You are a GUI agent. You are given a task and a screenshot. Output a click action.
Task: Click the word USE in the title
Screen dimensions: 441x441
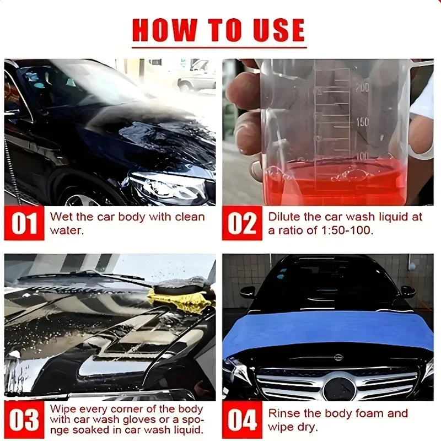point(278,30)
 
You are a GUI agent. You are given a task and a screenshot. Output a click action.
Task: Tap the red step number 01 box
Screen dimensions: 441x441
point(24,223)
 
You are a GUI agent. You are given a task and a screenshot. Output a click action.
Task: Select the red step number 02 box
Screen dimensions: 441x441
point(242,223)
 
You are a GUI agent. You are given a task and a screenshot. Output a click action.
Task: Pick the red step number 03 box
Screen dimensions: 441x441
point(24,420)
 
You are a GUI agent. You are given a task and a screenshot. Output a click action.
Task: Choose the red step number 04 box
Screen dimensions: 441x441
point(242,420)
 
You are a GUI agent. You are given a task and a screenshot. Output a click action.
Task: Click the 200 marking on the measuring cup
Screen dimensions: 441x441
point(362,88)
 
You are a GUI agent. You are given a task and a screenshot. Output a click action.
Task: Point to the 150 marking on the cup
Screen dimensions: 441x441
point(362,122)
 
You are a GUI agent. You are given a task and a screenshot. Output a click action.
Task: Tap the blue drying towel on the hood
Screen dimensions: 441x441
point(326,332)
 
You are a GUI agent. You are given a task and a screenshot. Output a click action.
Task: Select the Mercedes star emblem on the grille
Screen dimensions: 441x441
point(340,389)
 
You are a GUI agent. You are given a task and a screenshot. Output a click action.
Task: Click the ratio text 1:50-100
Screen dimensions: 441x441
point(347,230)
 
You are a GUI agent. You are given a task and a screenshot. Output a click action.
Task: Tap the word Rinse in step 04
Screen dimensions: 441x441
point(284,413)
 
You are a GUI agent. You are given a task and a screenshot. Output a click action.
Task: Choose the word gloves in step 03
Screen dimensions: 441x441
point(139,420)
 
